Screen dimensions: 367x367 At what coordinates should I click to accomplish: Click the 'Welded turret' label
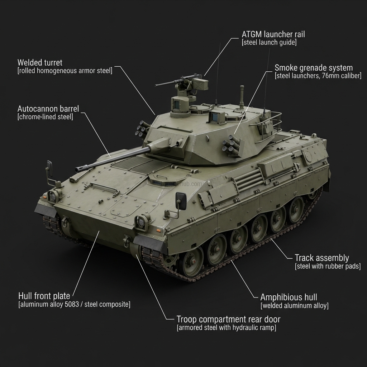coord(40,63)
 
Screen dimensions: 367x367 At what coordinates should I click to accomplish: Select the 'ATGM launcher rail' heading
coord(273,34)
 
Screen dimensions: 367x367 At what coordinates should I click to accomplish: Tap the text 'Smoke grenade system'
coord(314,68)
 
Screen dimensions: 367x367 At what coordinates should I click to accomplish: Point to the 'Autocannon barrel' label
coord(48,109)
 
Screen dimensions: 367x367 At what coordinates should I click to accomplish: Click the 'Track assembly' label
coord(321,258)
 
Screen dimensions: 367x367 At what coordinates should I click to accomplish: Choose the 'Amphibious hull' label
coord(289,297)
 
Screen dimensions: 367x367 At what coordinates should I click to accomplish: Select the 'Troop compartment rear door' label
coord(228,319)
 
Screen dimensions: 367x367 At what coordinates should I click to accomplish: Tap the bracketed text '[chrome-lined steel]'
coord(45,117)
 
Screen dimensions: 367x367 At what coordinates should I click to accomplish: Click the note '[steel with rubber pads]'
coord(328,266)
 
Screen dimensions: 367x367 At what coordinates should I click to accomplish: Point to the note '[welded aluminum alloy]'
coord(294,306)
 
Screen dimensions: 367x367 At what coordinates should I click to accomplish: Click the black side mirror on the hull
coord(181,201)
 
